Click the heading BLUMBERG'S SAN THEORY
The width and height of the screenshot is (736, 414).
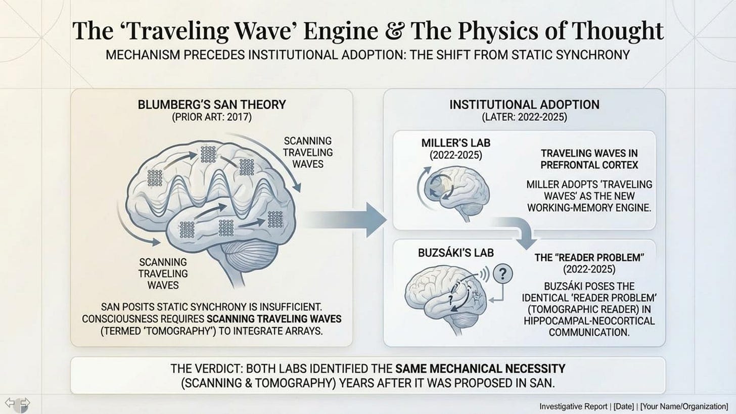click(212, 105)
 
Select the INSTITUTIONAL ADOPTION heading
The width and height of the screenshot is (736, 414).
click(524, 105)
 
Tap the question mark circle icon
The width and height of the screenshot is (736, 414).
click(502, 274)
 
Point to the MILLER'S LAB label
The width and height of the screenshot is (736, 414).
click(455, 143)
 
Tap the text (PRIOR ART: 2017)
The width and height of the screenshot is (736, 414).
click(212, 118)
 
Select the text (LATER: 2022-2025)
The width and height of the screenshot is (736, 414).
click(524, 118)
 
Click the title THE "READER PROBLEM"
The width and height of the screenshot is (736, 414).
click(589, 258)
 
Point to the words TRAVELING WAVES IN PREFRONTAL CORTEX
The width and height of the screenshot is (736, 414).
click(589, 159)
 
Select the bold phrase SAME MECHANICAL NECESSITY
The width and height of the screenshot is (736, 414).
click(480, 369)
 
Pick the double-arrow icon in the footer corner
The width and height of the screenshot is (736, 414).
click(17, 403)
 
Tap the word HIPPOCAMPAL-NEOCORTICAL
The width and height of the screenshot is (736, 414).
click(589, 321)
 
